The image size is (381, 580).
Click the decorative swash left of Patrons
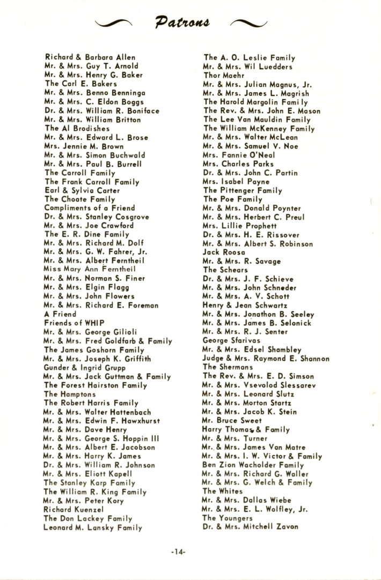[114, 23]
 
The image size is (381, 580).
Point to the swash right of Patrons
[248, 23]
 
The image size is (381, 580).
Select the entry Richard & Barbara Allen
[90, 57]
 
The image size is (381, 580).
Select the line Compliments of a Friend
[90, 207]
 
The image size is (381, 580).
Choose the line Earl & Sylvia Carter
[82, 190]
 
